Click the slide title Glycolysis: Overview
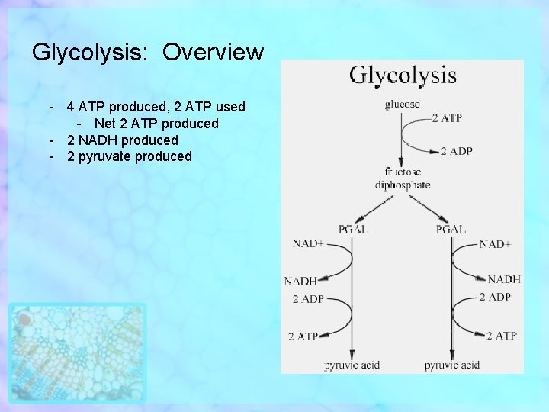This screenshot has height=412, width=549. [x=148, y=53]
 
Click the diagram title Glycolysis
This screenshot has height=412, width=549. [x=403, y=76]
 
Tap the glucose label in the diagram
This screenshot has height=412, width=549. [x=403, y=105]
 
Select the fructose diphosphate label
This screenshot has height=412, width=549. [x=403, y=179]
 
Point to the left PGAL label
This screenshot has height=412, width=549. [x=353, y=230]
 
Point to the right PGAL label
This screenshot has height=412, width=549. [x=451, y=230]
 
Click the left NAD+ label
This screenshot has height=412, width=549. [x=308, y=244]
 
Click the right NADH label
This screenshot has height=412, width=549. [x=504, y=280]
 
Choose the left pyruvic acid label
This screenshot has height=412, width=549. [x=352, y=365]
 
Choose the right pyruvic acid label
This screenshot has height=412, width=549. [x=452, y=365]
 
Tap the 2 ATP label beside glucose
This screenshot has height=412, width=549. [x=447, y=118]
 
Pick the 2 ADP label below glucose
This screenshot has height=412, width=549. [x=457, y=152]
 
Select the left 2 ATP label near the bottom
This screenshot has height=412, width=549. [x=303, y=336]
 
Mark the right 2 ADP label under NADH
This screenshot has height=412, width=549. [x=496, y=297]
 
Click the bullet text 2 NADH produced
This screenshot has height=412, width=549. [x=123, y=140]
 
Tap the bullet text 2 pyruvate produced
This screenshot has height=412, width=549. [x=130, y=156]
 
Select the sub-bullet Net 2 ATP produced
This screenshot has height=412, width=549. [x=156, y=124]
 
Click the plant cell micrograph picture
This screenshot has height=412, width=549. [x=77, y=352]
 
